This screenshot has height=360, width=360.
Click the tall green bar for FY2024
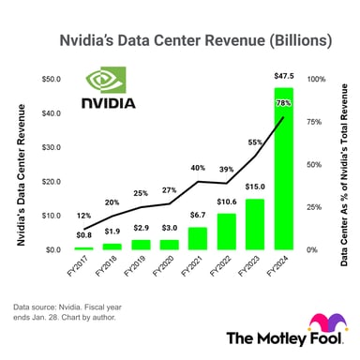click(x=282, y=169)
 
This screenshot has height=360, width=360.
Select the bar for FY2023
click(x=254, y=225)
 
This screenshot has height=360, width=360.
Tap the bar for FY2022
click(x=225, y=232)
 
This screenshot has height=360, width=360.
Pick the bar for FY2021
click(x=197, y=239)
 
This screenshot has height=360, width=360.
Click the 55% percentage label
click(x=253, y=142)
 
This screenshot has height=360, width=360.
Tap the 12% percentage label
click(x=82, y=216)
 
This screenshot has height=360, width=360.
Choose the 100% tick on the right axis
click(x=316, y=81)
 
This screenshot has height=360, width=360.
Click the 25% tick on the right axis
click(x=314, y=208)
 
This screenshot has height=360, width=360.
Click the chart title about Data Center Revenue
click(x=180, y=42)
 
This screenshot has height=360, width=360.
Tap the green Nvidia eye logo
click(x=102, y=80)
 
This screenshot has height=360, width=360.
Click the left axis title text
click(x=20, y=165)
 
